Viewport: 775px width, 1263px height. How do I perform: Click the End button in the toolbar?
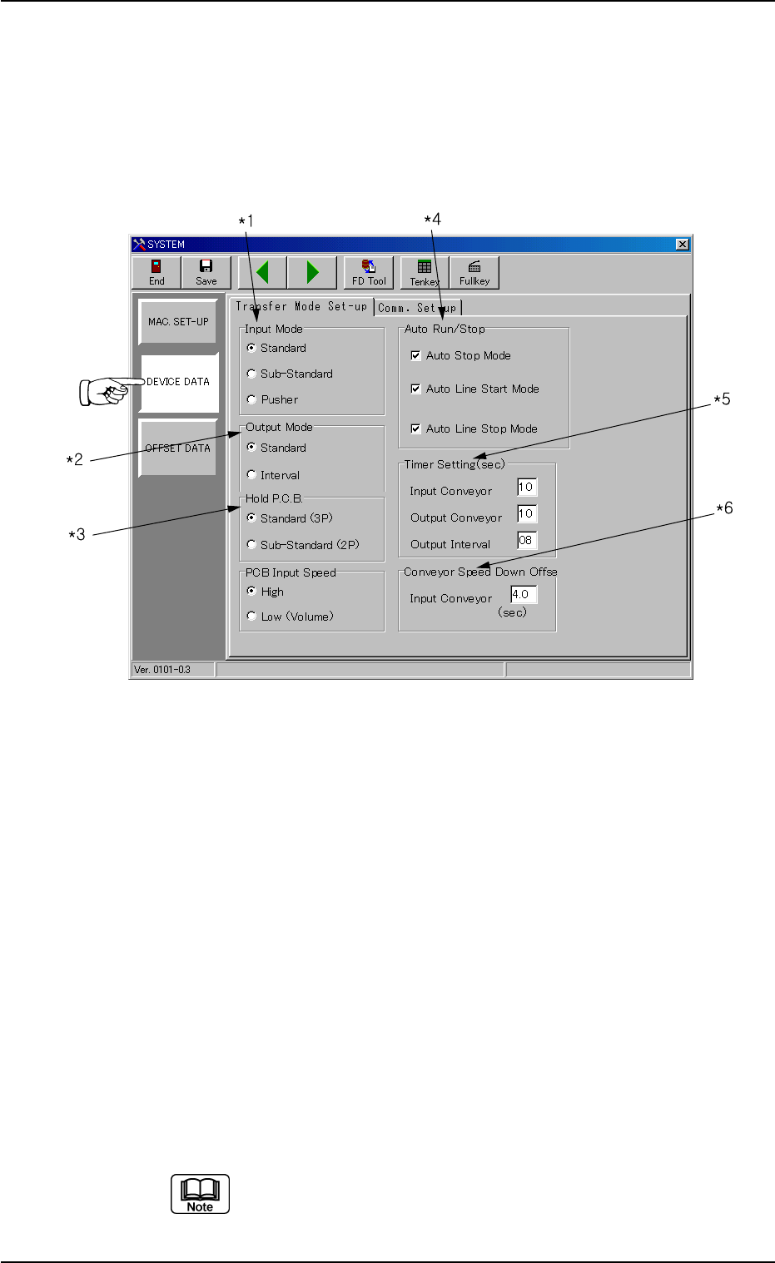pyautogui.click(x=156, y=272)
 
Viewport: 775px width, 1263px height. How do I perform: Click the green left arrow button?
pyautogui.click(x=263, y=272)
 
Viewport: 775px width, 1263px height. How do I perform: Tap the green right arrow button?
pyautogui.click(x=312, y=272)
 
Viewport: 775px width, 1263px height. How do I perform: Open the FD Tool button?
pyautogui.click(x=369, y=272)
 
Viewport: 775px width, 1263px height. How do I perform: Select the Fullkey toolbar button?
pyautogui.click(x=474, y=272)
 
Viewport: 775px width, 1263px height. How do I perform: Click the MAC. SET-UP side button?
pyautogui.click(x=178, y=322)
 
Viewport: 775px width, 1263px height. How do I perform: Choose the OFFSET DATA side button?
pyautogui.click(x=178, y=448)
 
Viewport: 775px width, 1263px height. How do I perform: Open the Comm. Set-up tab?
pyautogui.click(x=417, y=307)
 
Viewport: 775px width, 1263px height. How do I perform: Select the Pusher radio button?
pyautogui.click(x=251, y=399)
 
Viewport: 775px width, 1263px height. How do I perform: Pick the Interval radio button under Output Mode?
pyautogui.click(x=251, y=475)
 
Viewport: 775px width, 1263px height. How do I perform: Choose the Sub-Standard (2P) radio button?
pyautogui.click(x=251, y=545)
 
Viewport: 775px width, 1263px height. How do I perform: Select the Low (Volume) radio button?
pyautogui.click(x=251, y=617)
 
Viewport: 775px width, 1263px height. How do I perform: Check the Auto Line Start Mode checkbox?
pyautogui.click(x=416, y=389)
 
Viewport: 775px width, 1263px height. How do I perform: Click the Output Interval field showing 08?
pyautogui.click(x=527, y=541)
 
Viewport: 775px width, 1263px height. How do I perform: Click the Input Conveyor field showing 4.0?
pyautogui.click(x=524, y=595)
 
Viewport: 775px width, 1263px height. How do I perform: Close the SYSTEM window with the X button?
pyautogui.click(x=683, y=245)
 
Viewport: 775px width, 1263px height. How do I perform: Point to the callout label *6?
pyautogui.click(x=723, y=508)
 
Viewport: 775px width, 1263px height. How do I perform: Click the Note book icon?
pyautogui.click(x=200, y=1194)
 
